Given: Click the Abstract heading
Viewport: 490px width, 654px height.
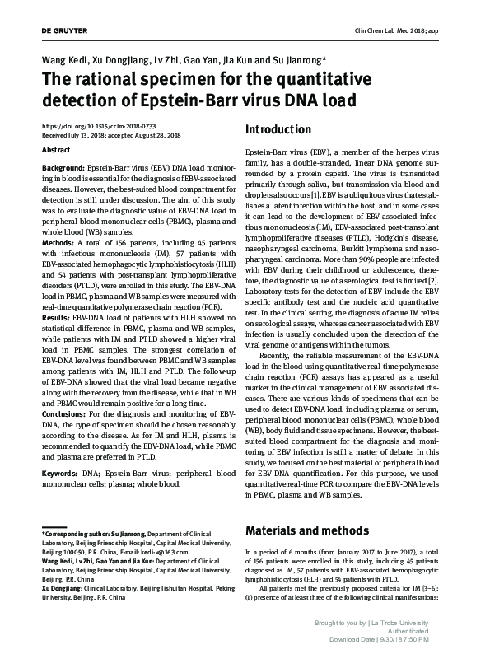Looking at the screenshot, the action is click(x=55, y=151).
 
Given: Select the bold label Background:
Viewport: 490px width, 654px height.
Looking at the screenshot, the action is click(x=63, y=166).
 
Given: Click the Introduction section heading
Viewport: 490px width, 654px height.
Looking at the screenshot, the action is click(x=278, y=130).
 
